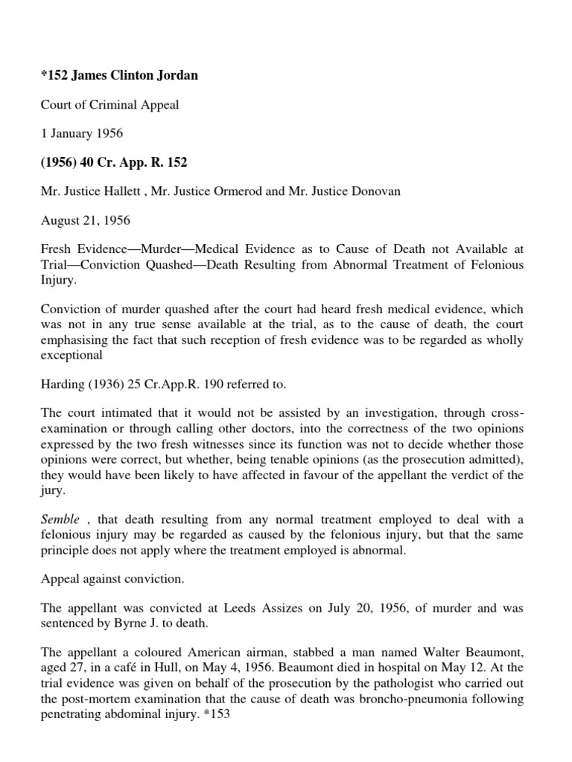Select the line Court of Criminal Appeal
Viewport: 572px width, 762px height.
pos(109,105)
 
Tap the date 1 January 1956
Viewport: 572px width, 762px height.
pos(81,133)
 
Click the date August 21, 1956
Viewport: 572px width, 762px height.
pos(83,220)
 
